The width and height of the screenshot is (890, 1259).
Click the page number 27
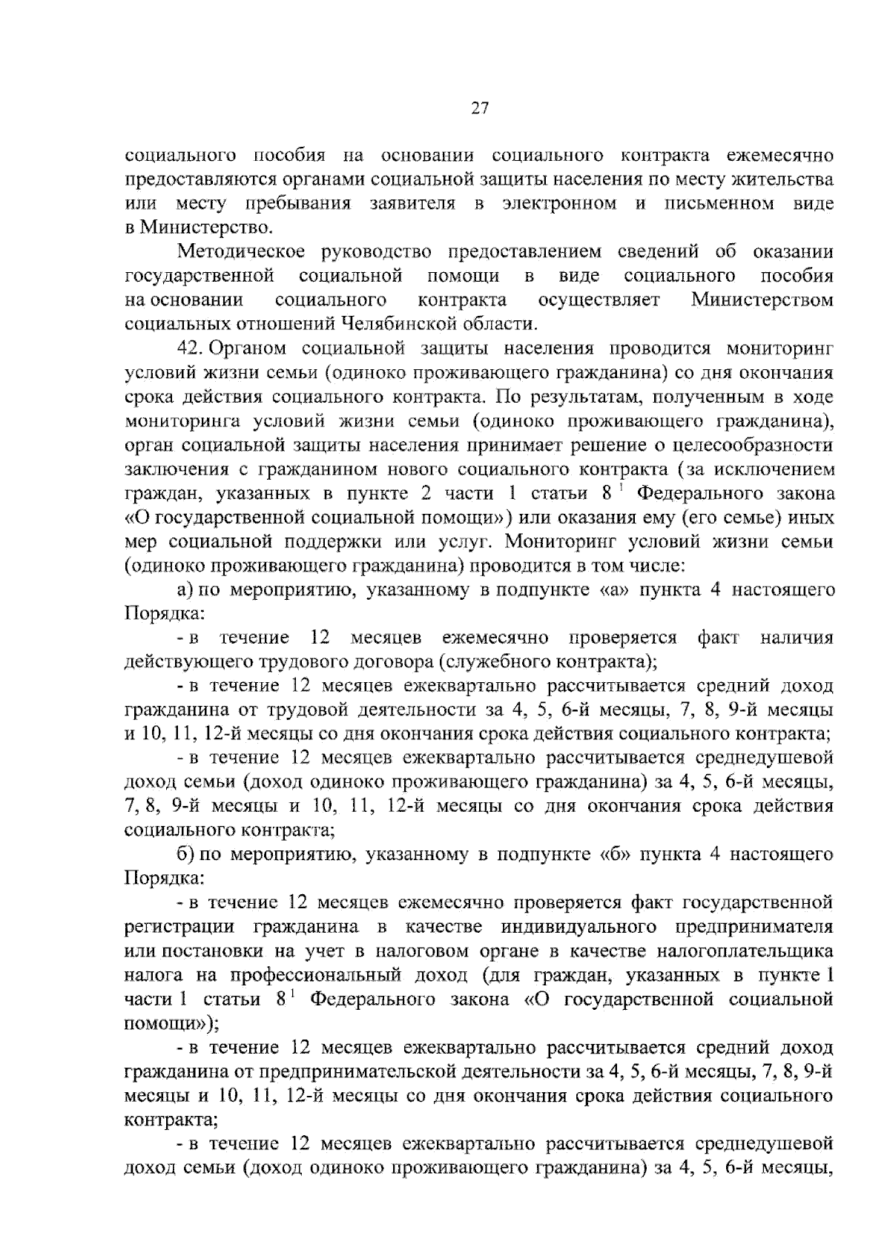[479, 108]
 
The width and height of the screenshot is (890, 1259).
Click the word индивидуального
[580, 928]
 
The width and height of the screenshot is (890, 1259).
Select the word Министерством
[762, 300]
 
